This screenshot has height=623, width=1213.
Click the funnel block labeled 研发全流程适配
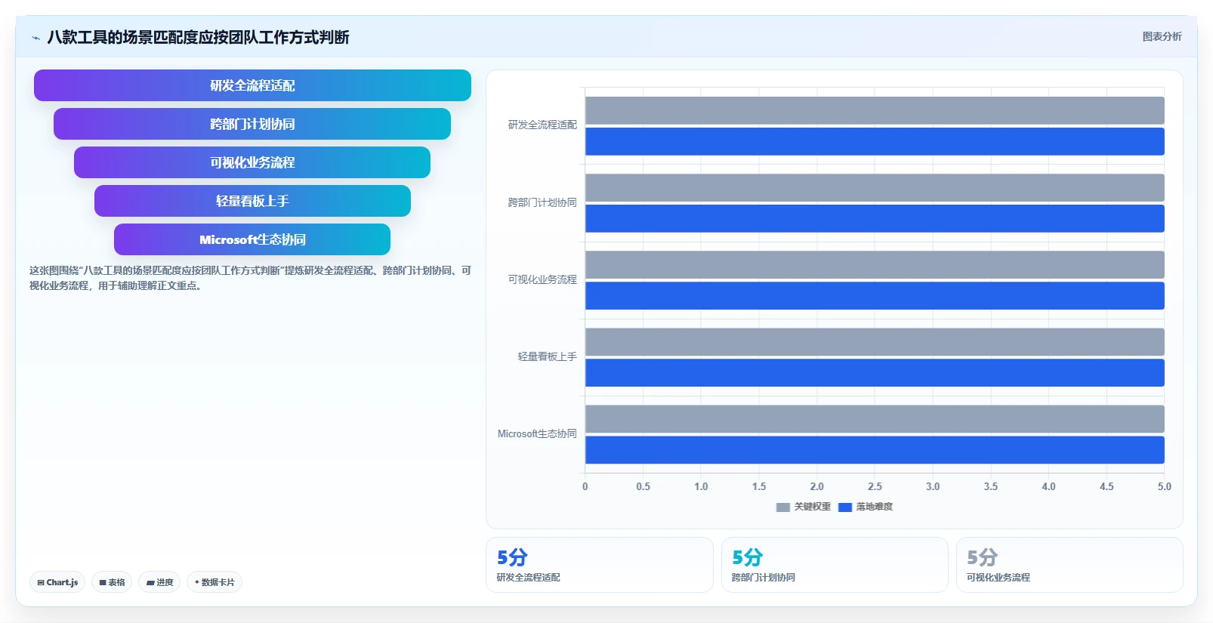click(x=252, y=85)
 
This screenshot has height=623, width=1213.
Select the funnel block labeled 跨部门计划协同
click(x=252, y=124)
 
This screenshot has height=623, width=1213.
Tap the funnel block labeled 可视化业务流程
click(x=252, y=162)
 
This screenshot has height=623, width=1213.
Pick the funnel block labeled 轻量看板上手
click(x=252, y=201)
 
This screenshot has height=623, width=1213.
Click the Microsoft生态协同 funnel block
click(x=252, y=239)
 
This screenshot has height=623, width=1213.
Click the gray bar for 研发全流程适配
click(x=875, y=110)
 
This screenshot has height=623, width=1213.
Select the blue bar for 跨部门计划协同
click(x=875, y=219)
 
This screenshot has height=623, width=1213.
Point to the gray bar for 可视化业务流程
click(x=875, y=264)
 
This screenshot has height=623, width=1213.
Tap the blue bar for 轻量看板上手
click(x=875, y=373)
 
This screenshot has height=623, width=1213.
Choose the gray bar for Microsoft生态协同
click(x=875, y=419)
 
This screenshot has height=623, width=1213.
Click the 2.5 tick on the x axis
click(x=875, y=486)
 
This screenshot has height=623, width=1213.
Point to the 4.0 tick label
click(x=1048, y=486)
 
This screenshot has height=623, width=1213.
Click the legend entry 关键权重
click(x=804, y=507)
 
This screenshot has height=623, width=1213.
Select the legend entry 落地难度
click(x=866, y=507)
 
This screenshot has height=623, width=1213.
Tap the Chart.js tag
click(x=57, y=582)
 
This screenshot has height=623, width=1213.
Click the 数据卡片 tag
click(x=215, y=582)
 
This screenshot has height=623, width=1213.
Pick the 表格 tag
click(x=112, y=582)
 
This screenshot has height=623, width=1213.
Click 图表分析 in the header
click(x=1162, y=37)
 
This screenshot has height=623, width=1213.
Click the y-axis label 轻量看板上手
click(x=548, y=356)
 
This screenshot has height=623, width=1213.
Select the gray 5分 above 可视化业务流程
click(x=983, y=557)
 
